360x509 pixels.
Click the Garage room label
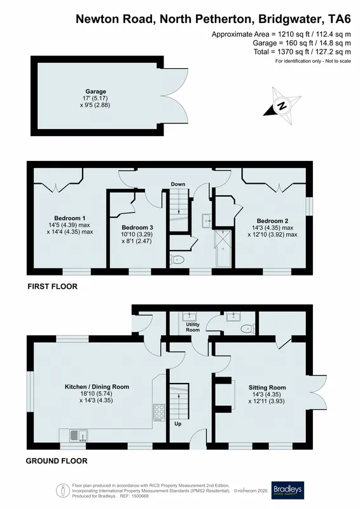point(96,92)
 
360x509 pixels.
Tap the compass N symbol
point(282,106)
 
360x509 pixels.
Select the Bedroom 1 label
point(70,218)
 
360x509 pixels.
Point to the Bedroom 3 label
point(137,228)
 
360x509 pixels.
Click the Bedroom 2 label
point(272,221)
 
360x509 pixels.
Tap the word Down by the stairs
point(178,184)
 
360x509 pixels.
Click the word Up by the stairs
point(178,424)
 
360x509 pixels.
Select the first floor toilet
point(177,260)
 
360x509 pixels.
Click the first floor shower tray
point(223,248)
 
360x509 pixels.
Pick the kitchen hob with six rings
point(159,412)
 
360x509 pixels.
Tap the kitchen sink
point(78,435)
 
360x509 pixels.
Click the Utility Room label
point(193,327)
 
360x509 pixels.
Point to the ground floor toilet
point(247,329)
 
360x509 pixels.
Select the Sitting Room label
point(267,387)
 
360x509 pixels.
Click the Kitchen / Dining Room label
point(97,387)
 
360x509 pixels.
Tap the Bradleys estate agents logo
point(287,490)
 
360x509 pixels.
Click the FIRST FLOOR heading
point(52,286)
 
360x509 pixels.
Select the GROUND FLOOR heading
point(57,461)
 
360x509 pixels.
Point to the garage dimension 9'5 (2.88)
point(95,105)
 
